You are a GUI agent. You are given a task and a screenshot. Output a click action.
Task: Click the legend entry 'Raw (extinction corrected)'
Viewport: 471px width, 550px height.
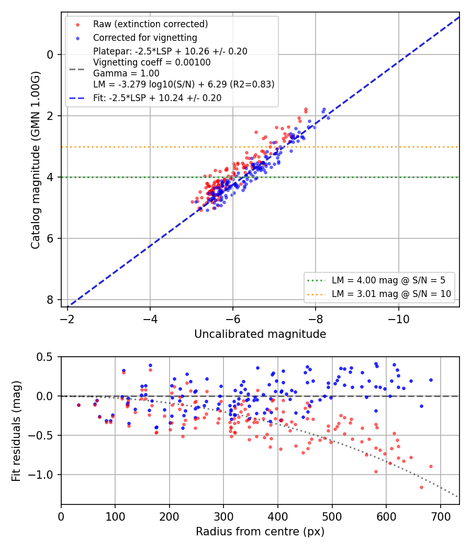point(150,24)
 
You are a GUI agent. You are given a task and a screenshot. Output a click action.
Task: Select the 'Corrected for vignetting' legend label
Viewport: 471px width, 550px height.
point(145,38)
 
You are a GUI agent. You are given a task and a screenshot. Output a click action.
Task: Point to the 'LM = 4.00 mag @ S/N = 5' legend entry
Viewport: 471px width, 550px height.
point(388,280)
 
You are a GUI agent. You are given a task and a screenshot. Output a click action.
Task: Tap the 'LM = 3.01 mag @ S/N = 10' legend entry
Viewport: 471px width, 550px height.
point(391,294)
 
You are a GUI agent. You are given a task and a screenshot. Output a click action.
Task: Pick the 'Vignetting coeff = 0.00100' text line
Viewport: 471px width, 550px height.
point(152,62)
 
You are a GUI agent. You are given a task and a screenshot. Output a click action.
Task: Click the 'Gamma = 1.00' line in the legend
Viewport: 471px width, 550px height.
point(126,73)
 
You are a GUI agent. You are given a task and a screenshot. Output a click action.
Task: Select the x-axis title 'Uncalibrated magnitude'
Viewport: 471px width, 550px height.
point(260,334)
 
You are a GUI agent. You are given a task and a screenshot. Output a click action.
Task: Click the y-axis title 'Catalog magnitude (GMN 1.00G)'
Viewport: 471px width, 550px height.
point(36,160)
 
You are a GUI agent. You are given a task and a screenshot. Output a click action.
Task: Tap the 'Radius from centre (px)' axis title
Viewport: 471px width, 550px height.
point(260,532)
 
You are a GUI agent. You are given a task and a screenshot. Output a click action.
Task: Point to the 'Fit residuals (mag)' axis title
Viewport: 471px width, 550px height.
point(16,431)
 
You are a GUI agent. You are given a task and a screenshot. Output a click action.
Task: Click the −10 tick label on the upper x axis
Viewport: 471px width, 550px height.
point(398,319)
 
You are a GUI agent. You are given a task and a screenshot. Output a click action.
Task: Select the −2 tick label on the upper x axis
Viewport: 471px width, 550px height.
point(68,319)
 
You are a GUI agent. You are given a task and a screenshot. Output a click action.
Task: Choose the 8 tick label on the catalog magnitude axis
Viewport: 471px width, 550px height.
point(50,300)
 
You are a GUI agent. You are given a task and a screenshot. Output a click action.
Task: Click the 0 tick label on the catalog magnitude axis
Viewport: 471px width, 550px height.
point(50,54)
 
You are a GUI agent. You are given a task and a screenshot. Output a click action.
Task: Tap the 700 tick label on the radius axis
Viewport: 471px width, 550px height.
point(441,516)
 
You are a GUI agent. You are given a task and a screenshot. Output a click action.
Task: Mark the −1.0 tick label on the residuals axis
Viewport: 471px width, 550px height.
point(42,475)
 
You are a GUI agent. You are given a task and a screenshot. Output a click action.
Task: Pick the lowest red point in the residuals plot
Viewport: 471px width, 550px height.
point(421,487)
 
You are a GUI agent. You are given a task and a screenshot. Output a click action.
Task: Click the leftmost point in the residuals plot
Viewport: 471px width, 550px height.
point(79,405)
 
